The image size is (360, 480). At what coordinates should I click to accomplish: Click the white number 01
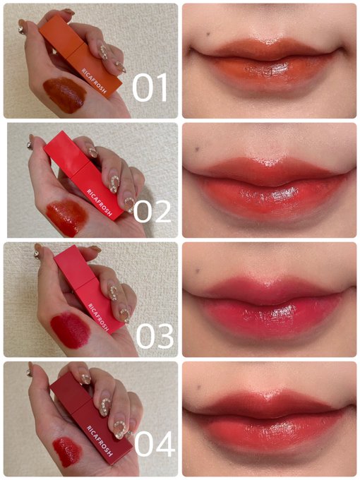[150, 88]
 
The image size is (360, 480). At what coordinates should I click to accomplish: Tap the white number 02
[152, 211]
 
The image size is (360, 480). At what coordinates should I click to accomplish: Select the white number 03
[155, 337]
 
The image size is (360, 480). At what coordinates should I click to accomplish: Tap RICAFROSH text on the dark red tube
[100, 440]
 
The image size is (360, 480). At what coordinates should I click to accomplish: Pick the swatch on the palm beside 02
[67, 217]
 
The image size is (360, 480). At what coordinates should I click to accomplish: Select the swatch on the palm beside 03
[70, 330]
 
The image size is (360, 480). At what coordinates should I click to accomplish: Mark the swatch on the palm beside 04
[67, 452]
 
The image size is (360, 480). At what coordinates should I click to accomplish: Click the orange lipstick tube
[80, 56]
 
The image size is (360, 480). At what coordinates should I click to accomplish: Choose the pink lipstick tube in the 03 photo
[89, 289]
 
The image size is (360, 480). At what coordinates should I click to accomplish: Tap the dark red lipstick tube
[91, 418]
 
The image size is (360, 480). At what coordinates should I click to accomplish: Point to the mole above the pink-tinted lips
[198, 270]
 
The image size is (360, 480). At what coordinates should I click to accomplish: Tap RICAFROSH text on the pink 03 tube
[99, 318]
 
